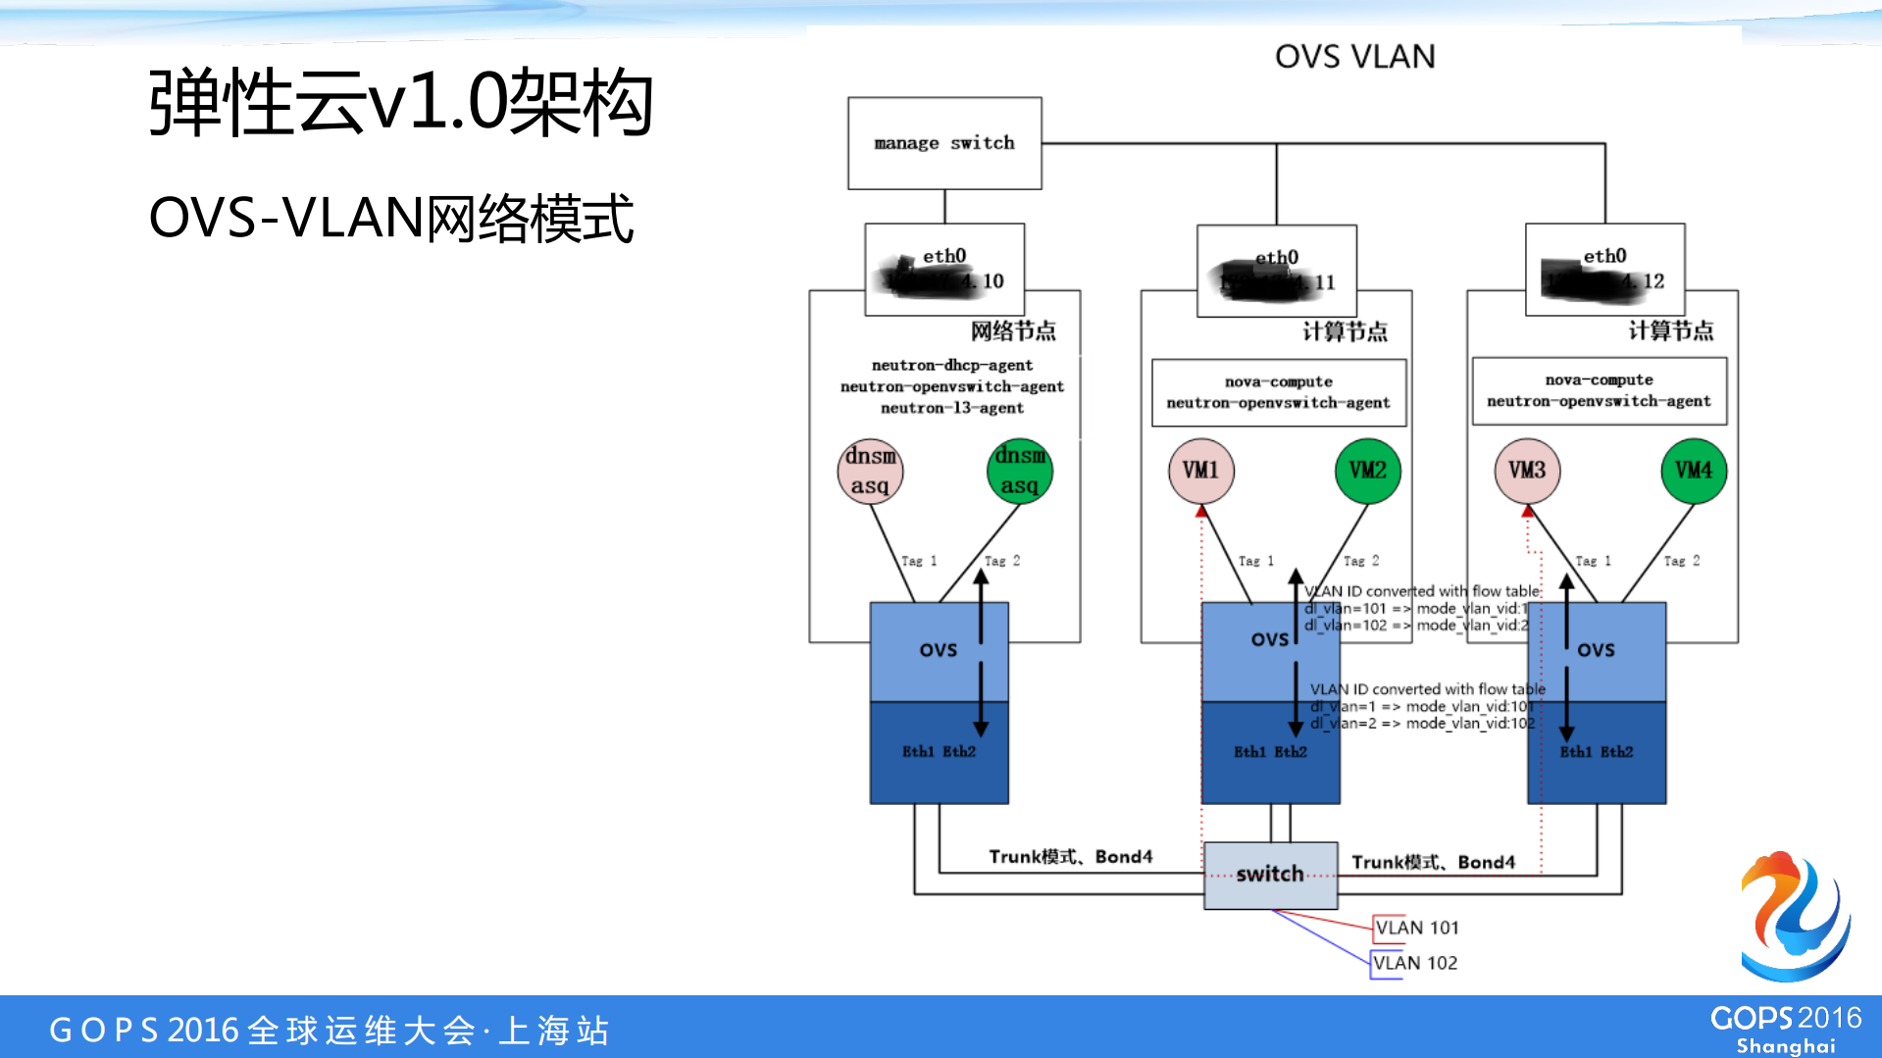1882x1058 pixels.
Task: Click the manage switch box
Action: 944,143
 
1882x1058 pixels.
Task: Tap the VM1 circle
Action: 1200,471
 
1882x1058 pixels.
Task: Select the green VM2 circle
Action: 1367,471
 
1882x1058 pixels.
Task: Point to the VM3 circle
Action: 1527,471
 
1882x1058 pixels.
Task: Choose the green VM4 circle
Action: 1694,471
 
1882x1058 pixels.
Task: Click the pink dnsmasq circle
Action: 870,471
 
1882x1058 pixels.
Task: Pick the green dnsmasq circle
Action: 1019,471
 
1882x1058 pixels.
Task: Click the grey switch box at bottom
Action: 1270,875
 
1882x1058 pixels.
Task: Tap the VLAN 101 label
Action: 1416,928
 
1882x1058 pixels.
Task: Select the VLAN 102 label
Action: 1414,963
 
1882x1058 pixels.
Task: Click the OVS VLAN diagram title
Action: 1354,57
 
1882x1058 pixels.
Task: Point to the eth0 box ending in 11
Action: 1276,271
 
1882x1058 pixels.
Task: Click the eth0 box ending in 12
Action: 1604,270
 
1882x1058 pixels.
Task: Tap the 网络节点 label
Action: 1013,331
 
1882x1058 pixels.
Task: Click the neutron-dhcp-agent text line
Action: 951,365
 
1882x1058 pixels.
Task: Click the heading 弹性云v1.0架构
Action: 400,102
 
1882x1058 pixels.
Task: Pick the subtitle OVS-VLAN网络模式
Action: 391,218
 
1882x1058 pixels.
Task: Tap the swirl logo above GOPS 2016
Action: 1795,916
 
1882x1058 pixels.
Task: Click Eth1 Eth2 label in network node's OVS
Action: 939,752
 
